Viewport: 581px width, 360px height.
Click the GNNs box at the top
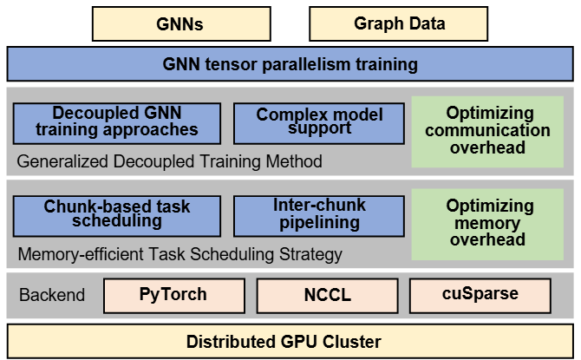tap(180, 23)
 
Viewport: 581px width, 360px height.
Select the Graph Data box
tap(399, 23)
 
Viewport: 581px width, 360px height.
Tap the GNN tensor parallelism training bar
tap(290, 64)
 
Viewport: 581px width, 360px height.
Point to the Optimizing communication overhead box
tap(488, 130)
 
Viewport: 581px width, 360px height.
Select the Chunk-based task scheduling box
tap(117, 215)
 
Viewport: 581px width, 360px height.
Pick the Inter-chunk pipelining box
tap(319, 215)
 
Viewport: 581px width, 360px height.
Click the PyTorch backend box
tap(173, 294)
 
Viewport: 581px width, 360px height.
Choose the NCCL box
tap(328, 294)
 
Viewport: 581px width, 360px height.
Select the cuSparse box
tap(479, 294)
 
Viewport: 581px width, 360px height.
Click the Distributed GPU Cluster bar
tap(290, 341)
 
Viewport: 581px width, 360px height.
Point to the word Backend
tap(52, 295)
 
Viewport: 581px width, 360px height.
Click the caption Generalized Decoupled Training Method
tap(170, 161)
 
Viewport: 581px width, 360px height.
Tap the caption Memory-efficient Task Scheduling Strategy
tap(180, 255)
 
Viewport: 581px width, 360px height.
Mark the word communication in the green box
tap(488, 130)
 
